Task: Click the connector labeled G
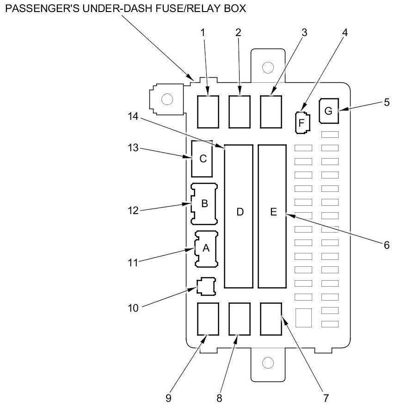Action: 329,111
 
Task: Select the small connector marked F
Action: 302,123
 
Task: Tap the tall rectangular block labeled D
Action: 239,216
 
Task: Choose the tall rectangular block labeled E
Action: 272,216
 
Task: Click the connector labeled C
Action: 202,159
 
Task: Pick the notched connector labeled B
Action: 204,204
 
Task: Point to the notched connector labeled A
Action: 206,249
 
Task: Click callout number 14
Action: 133,117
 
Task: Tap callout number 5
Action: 387,102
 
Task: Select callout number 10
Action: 133,308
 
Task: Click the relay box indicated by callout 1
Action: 208,112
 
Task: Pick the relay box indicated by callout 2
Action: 240,112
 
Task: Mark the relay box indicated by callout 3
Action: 271,112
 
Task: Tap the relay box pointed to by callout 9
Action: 208,319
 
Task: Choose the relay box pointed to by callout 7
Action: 271,319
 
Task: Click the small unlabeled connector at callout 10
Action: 206,286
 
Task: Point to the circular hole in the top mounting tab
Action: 268,68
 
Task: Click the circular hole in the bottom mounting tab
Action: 268,363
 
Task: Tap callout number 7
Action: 326,398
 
